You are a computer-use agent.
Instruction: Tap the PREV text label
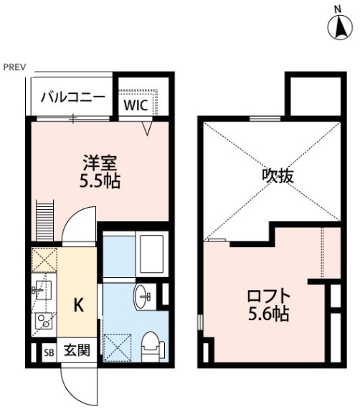(14, 67)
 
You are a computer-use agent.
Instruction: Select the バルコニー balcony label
(72, 98)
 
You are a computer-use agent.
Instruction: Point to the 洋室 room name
(100, 162)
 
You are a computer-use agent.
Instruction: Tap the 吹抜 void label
(277, 175)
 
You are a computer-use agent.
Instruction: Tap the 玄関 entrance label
(76, 352)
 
